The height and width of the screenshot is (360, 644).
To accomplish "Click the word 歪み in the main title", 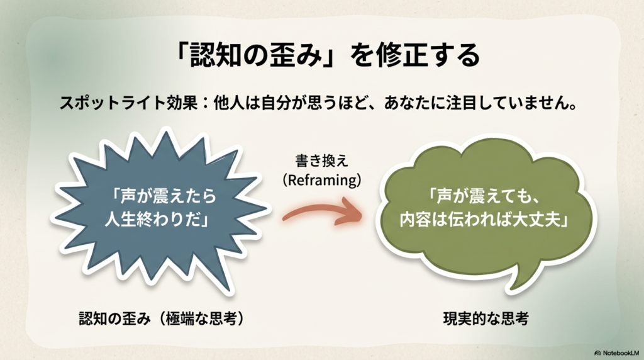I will pos(283,56).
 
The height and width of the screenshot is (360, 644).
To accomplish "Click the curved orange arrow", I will pos(322,213).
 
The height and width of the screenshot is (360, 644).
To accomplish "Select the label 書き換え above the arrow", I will pos(321,162).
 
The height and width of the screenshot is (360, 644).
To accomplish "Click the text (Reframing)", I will pos(321,179).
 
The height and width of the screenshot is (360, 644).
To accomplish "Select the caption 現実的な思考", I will pos(485,318).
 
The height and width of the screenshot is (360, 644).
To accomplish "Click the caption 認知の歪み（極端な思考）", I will pos(161,318).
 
